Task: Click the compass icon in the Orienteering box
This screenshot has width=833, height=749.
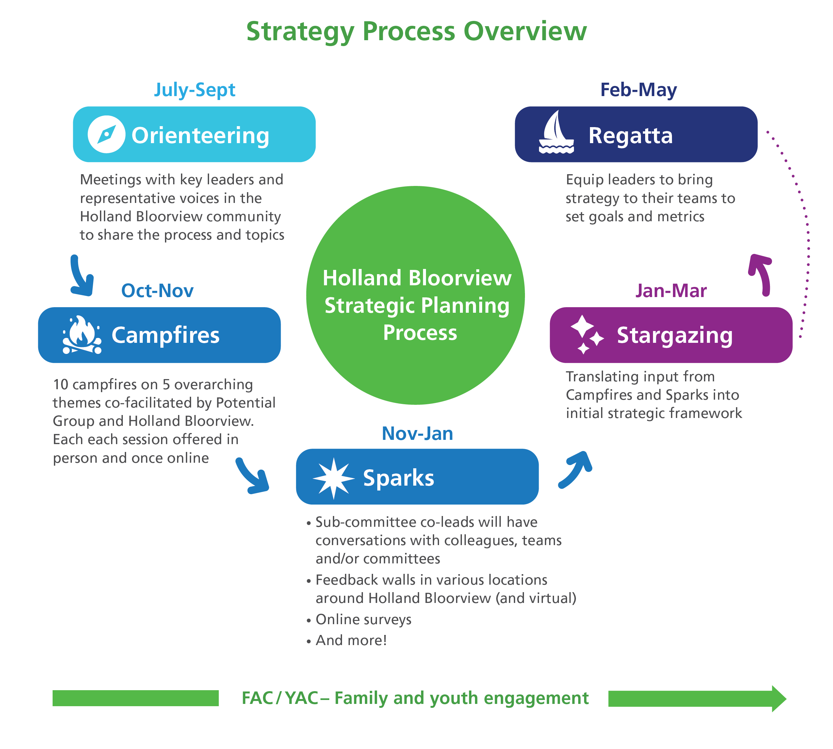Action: pos(106,134)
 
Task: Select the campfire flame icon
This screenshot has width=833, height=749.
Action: pos(81,335)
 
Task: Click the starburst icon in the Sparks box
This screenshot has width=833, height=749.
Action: pos(333,478)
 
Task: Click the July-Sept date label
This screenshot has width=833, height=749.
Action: pos(195,90)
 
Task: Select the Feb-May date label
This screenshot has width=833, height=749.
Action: pos(638,90)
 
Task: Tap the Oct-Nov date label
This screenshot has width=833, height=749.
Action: pos(157,291)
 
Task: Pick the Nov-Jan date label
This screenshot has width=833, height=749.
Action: pos(417,433)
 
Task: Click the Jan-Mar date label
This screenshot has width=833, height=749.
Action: pos(671,291)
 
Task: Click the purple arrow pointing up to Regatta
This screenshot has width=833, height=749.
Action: pos(761,274)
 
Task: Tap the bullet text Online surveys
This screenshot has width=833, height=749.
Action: pos(363,619)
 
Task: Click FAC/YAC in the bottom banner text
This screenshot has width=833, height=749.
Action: pos(280,698)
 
